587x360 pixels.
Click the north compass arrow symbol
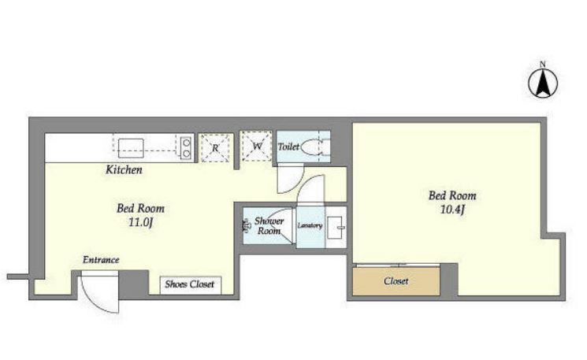[543, 84]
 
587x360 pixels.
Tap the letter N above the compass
[542, 65]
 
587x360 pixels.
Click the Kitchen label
[124, 170]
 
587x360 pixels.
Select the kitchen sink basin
[131, 148]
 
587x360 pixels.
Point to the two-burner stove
[186, 148]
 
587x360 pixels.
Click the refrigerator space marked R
[215, 148]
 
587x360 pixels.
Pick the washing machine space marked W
[256, 146]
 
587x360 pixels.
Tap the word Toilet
[288, 147]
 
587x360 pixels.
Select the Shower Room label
[269, 225]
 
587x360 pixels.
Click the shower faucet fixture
[247, 225]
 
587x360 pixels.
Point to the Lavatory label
[310, 225]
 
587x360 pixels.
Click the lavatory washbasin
[336, 227]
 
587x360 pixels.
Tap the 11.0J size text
[141, 223]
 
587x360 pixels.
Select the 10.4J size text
[452, 210]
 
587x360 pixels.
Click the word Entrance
[101, 260]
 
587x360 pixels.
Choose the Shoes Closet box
[190, 285]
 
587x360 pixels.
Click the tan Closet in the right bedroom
[396, 281]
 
